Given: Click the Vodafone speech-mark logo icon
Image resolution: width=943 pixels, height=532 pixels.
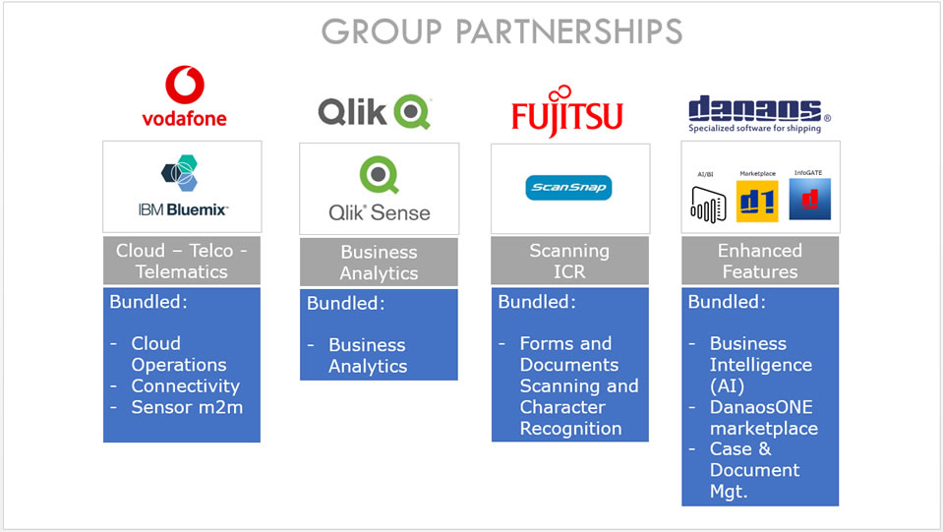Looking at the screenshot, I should pos(184,85).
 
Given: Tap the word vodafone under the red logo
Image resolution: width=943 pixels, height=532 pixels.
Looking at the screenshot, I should pos(184,118).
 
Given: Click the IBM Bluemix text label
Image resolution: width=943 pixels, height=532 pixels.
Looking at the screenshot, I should pos(183,209).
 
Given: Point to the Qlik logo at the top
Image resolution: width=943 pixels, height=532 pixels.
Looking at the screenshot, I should pos(375,112).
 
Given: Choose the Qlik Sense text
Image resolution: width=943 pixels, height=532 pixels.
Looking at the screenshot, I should pos(379,211).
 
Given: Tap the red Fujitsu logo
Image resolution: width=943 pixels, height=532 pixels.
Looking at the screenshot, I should pos(567,111).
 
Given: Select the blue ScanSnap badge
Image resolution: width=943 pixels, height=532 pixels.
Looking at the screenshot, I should pos(568,187).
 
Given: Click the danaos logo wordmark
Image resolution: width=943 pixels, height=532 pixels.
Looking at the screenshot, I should pos(755,108).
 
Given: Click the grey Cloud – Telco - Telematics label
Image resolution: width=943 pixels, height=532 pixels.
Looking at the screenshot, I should pos(182,261).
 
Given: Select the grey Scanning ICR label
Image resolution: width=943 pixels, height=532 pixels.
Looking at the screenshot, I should pos(569,261).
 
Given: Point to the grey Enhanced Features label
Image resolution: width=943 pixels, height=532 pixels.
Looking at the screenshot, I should pos(759,261).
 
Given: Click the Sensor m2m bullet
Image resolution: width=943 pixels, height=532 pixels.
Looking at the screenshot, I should pos(186,407).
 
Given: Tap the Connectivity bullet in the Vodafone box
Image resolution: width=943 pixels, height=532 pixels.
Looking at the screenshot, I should pos(185,385).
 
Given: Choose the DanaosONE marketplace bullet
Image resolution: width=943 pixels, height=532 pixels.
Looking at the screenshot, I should pos(763,417).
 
